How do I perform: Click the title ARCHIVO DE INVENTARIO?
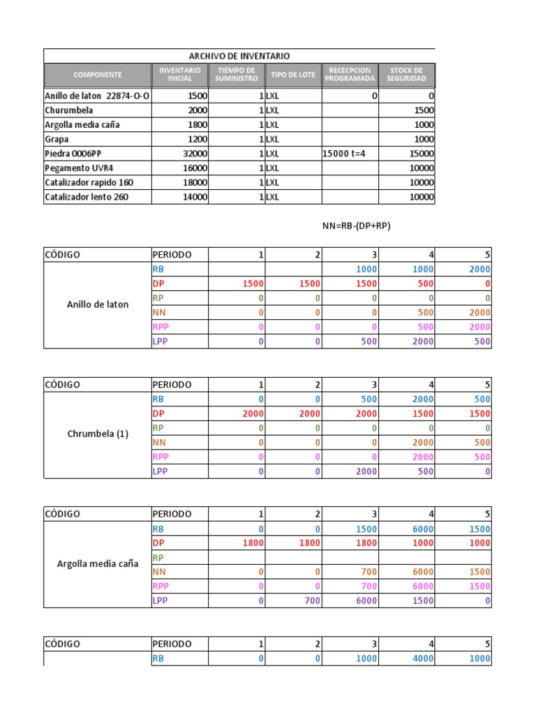point(239,56)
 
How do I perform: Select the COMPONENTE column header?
point(97,75)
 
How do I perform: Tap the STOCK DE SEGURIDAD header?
point(406,75)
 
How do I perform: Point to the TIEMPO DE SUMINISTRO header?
point(236,75)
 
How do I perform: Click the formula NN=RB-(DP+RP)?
point(350,226)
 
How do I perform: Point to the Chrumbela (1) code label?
point(98,434)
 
